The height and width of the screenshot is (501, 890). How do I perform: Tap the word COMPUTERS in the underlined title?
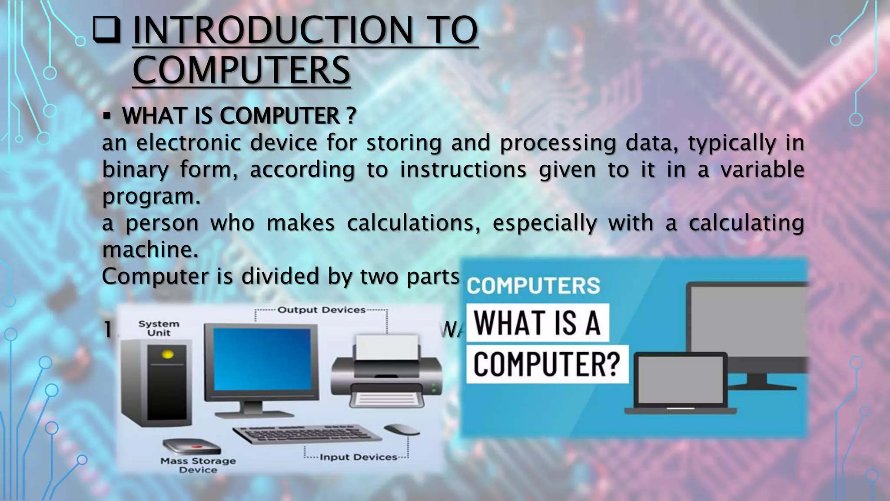[241, 70]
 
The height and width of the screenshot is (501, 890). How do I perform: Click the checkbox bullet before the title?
[106, 30]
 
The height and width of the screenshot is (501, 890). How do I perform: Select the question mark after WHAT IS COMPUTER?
[352, 116]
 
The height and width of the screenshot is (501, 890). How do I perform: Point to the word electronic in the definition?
[189, 143]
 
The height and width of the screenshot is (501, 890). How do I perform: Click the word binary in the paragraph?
[135, 170]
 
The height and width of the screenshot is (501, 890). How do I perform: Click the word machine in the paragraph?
[150, 250]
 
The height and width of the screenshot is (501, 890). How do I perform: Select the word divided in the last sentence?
[280, 276]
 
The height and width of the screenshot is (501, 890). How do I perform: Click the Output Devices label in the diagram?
[321, 310]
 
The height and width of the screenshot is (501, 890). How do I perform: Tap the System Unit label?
[159, 328]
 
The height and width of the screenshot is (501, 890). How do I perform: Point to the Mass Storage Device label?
[198, 465]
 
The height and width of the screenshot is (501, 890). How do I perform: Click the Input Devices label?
[358, 457]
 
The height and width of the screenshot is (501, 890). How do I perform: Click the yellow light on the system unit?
[167, 355]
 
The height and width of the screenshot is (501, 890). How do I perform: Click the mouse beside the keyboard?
[402, 429]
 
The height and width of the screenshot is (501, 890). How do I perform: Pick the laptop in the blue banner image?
[681, 383]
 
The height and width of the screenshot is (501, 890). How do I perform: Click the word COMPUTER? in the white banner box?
[547, 364]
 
